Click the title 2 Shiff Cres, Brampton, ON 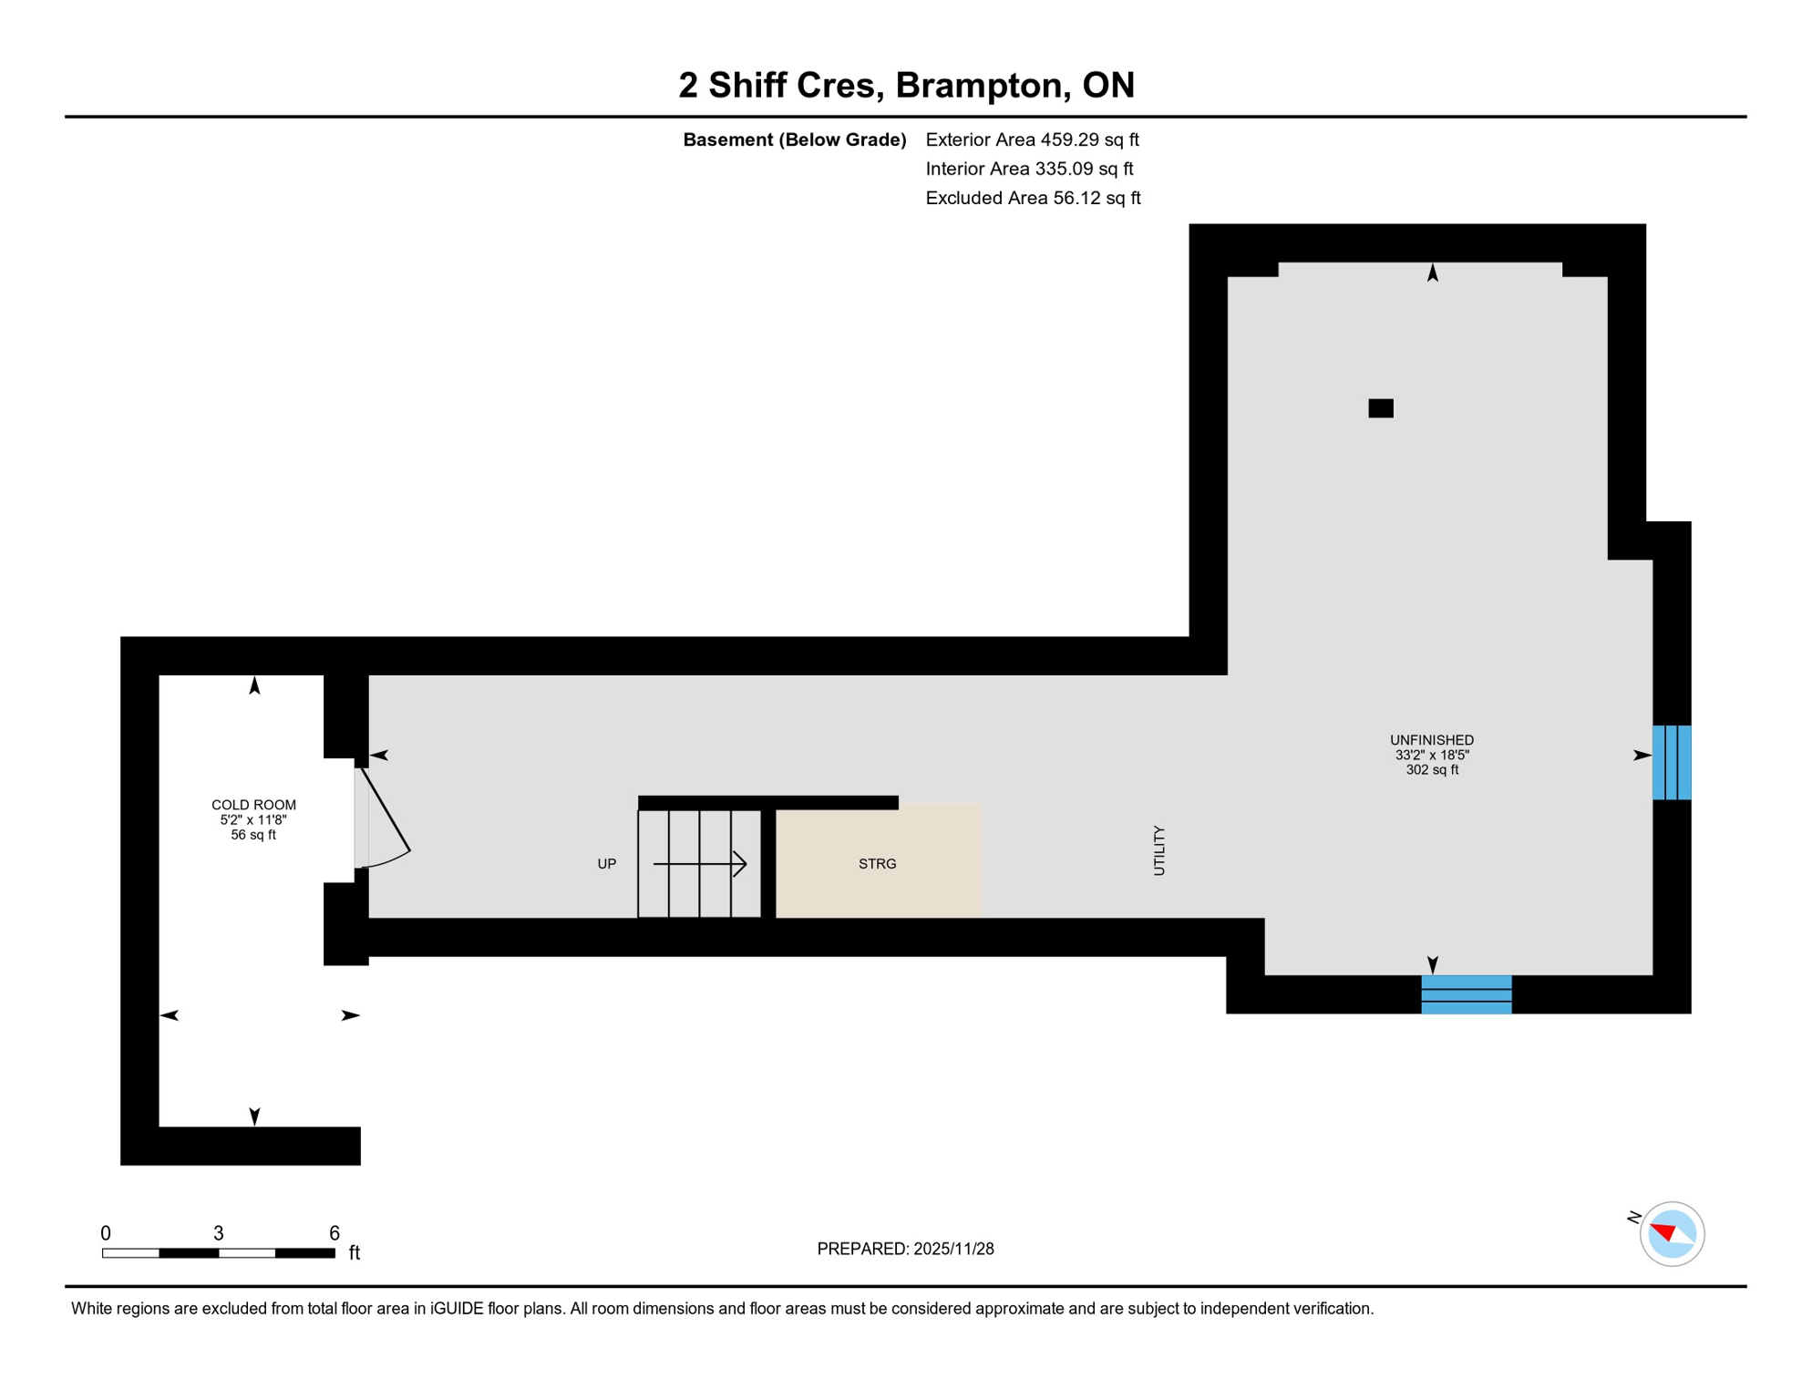click(906, 86)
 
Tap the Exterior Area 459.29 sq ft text click(1032, 139)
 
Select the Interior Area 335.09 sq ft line click(1029, 169)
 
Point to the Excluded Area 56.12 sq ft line click(1033, 198)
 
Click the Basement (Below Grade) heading click(794, 139)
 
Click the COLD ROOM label click(253, 806)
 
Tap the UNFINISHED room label click(1431, 741)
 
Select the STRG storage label click(877, 864)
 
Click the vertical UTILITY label click(1159, 851)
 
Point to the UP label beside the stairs click(606, 864)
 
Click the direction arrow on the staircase click(700, 864)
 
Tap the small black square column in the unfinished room click(1380, 408)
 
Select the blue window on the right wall click(1672, 763)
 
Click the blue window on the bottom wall click(1466, 994)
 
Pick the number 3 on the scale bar click(219, 1233)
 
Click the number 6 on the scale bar click(335, 1233)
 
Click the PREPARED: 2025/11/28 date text click(905, 1249)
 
